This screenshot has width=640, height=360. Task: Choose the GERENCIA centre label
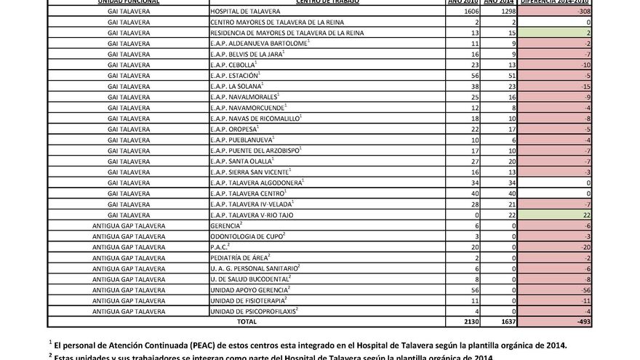(226, 226)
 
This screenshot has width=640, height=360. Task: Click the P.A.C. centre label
(219, 247)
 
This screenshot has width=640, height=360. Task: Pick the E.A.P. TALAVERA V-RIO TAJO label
(252, 215)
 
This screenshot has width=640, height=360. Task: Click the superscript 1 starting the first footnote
(50, 342)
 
